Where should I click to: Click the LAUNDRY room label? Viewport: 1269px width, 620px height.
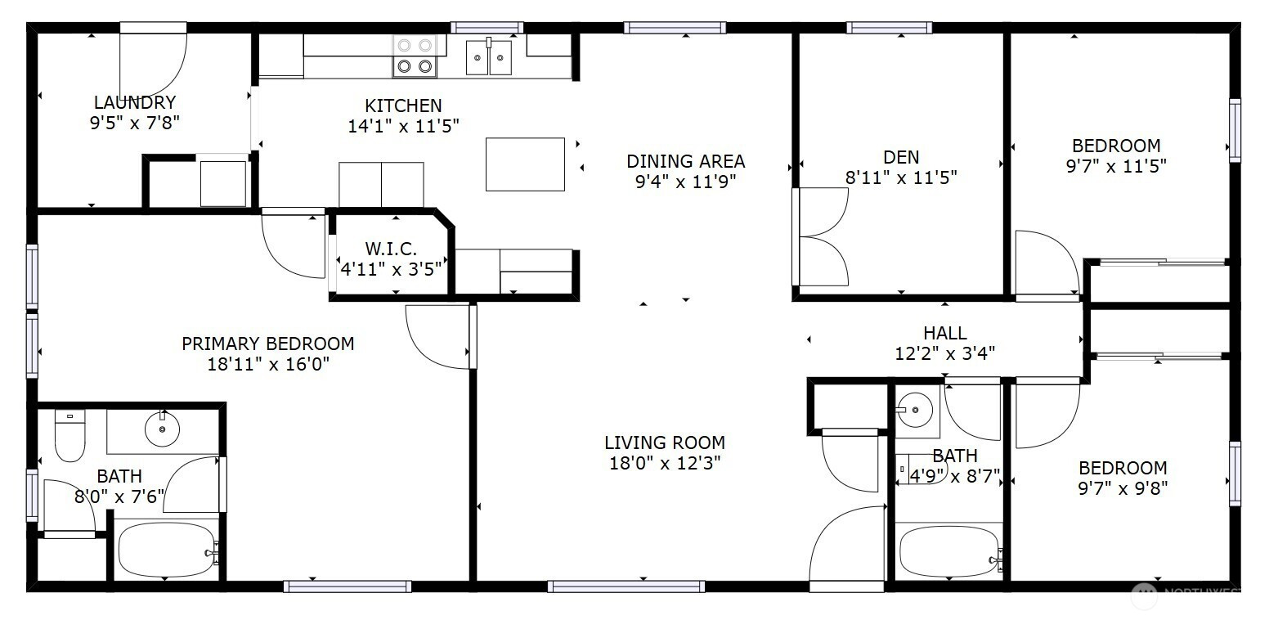[135, 102]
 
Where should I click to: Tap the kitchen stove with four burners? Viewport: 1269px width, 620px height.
[415, 56]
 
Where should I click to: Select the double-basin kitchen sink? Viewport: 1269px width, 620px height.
[489, 56]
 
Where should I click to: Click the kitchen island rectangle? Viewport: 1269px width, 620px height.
[525, 164]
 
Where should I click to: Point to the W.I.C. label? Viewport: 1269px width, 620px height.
[391, 248]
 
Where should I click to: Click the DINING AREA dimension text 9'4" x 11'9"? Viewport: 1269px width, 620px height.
[685, 182]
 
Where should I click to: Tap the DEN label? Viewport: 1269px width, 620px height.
[901, 157]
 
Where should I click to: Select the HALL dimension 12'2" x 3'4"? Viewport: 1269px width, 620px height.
[945, 353]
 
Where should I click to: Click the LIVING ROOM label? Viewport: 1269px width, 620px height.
[665, 442]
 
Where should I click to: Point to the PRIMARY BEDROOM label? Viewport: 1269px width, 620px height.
[268, 344]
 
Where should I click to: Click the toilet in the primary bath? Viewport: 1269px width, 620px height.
[70, 435]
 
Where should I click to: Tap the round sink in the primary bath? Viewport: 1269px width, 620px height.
[162, 429]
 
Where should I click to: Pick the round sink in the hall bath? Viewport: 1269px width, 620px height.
[914, 409]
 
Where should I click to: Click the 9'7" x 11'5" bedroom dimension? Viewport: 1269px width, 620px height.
[1116, 166]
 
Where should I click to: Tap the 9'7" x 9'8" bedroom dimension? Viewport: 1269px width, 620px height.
[1123, 488]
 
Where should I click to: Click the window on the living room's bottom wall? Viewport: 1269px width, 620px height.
[626, 586]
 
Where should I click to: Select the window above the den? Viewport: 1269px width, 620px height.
[890, 27]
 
